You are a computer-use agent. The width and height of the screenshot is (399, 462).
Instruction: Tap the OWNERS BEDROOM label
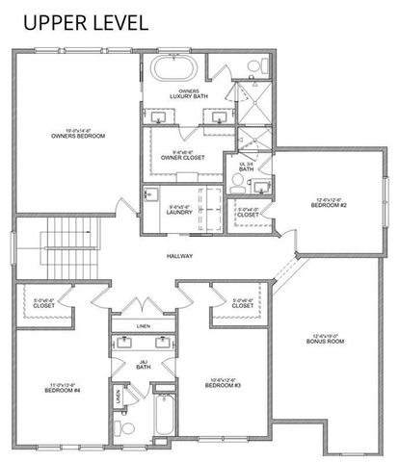(78, 134)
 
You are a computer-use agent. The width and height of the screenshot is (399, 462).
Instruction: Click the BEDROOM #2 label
(331, 204)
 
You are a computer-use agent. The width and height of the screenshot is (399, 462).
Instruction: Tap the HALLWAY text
(180, 256)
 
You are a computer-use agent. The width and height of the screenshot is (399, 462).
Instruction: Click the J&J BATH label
(143, 365)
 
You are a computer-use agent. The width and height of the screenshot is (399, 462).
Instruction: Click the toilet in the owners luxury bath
(253, 65)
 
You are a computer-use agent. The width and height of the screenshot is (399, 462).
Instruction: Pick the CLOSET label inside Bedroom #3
(243, 302)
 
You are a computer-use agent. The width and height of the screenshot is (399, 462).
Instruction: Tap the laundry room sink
(150, 194)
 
